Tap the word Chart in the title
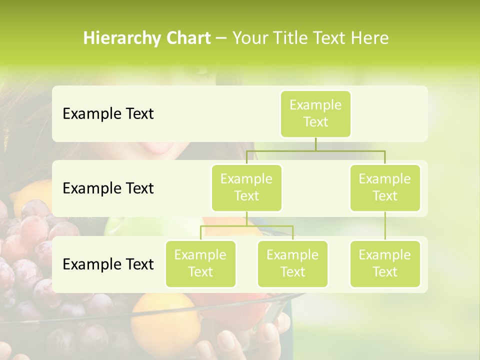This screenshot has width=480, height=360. click(x=188, y=38)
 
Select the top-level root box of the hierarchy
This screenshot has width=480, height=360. click(x=315, y=113)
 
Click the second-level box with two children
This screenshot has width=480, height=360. click(x=246, y=187)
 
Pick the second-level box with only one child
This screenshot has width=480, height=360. click(x=385, y=187)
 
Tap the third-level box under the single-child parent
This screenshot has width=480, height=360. click(x=385, y=263)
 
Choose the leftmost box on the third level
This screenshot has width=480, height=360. click(x=200, y=263)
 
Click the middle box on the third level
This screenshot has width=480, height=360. click(x=292, y=263)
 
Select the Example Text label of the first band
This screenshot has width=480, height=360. click(x=108, y=114)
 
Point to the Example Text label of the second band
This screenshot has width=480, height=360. click(x=108, y=188)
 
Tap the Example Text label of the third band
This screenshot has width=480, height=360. click(x=108, y=264)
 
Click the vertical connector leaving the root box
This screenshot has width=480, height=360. click(x=315, y=144)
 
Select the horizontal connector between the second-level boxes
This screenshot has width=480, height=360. click(x=315, y=150)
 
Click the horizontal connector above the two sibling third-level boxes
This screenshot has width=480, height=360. click(x=246, y=226)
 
